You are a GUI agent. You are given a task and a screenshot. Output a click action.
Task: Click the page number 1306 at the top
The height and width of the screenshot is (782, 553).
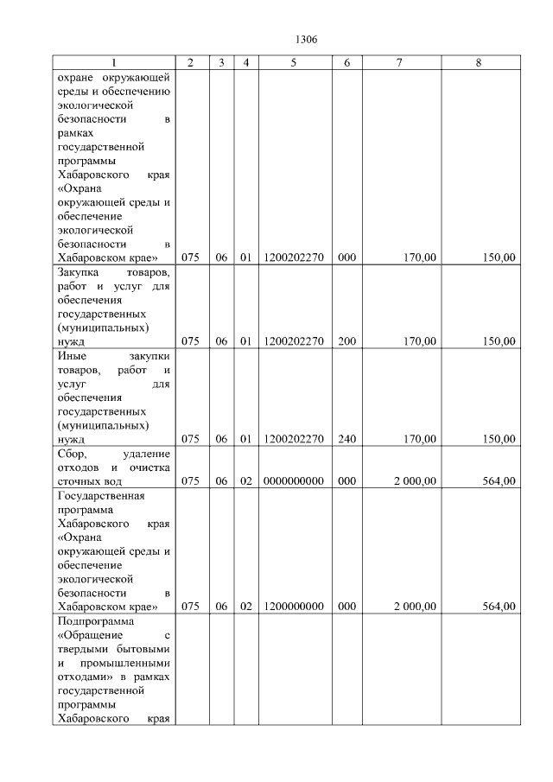(307, 40)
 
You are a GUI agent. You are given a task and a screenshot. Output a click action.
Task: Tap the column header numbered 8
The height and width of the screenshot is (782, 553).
(479, 63)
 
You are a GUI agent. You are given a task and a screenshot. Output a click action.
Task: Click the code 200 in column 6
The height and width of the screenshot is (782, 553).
(346, 341)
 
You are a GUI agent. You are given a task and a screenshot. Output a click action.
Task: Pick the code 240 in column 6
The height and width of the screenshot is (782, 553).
(346, 439)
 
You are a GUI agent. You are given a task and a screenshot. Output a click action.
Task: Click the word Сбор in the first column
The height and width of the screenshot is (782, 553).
(73, 453)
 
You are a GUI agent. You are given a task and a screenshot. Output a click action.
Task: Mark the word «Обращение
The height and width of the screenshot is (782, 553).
(91, 635)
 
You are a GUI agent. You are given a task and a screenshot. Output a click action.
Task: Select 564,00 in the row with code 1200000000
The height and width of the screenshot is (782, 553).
(499, 607)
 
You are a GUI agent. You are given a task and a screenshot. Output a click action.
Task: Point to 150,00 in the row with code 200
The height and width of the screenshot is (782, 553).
(499, 341)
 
